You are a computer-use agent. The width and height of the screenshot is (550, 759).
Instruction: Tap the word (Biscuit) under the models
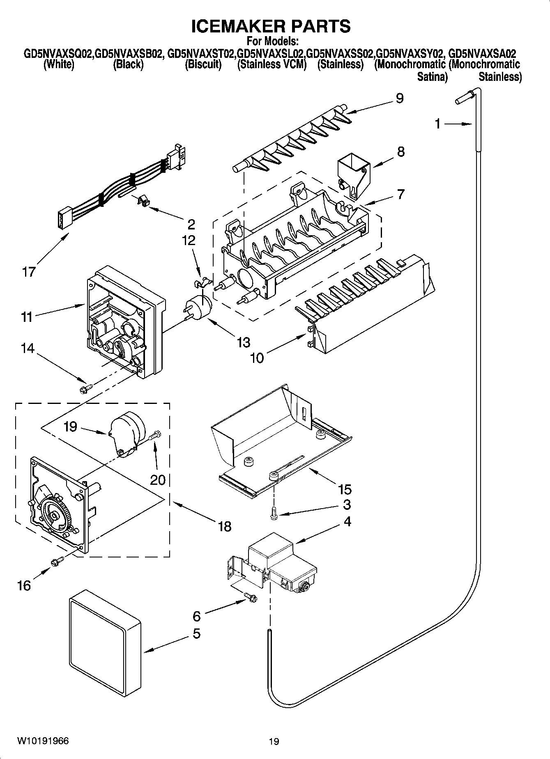[x=203, y=64]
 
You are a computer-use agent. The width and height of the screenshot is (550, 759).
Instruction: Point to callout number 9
[x=399, y=99]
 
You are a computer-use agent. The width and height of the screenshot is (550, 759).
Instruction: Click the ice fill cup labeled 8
[x=353, y=174]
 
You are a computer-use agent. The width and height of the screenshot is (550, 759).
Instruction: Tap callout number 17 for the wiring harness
[x=29, y=272]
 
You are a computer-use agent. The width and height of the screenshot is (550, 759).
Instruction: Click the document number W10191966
[x=43, y=741]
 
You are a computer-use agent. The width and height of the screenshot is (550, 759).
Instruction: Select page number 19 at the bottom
[x=274, y=741]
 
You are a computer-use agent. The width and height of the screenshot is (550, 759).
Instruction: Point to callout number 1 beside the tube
[x=437, y=124]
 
